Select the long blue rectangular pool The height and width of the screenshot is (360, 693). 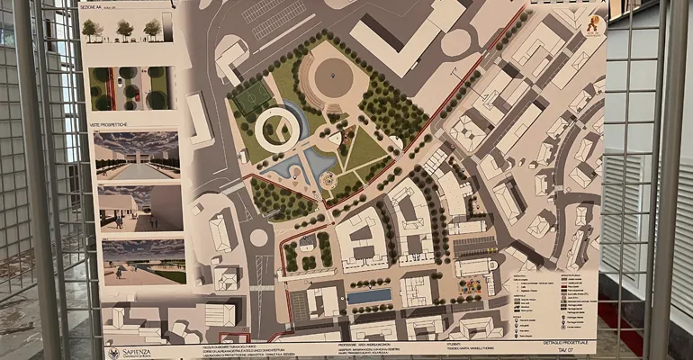(369, 296)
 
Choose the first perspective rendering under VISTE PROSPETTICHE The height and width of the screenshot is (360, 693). (137, 156)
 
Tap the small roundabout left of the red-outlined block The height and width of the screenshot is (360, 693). (259, 238)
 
